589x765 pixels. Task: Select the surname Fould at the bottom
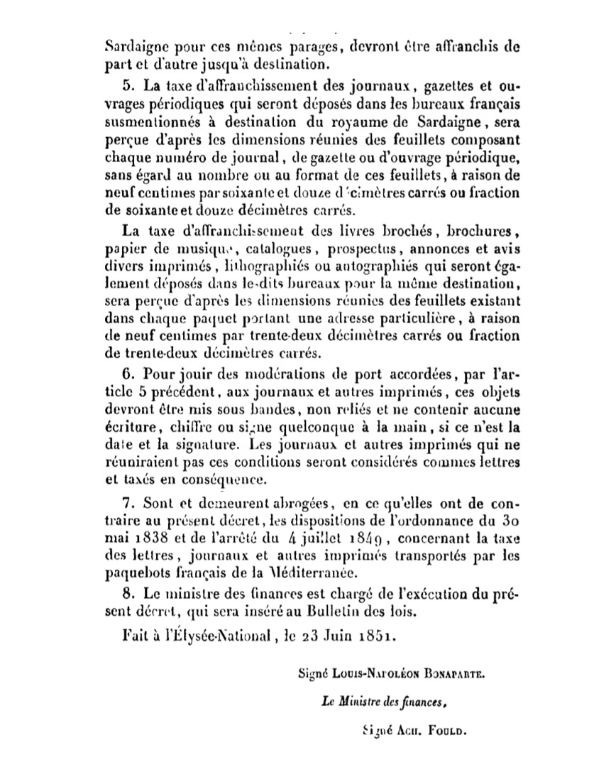448,730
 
